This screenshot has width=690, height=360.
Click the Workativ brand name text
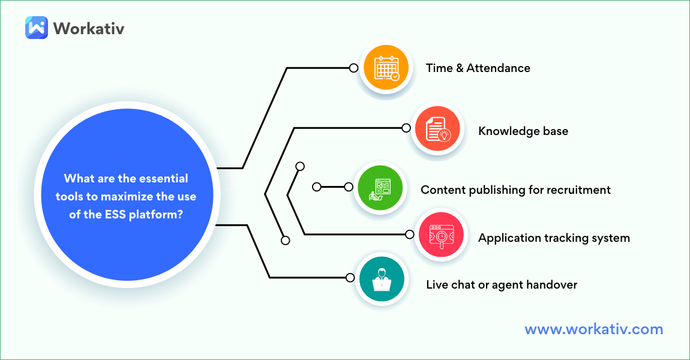(89, 28)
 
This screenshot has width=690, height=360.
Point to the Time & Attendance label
(478, 68)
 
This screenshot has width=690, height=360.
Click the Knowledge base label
(523, 130)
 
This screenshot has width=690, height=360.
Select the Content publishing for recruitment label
(515, 190)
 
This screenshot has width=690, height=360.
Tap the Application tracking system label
(554, 238)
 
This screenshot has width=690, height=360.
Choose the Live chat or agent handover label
(501, 284)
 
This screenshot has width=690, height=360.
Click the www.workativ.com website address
(593, 329)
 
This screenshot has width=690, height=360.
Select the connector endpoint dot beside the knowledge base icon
(406, 128)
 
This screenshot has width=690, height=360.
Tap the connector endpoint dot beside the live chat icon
(350, 277)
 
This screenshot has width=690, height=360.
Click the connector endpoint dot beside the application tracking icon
(410, 234)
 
